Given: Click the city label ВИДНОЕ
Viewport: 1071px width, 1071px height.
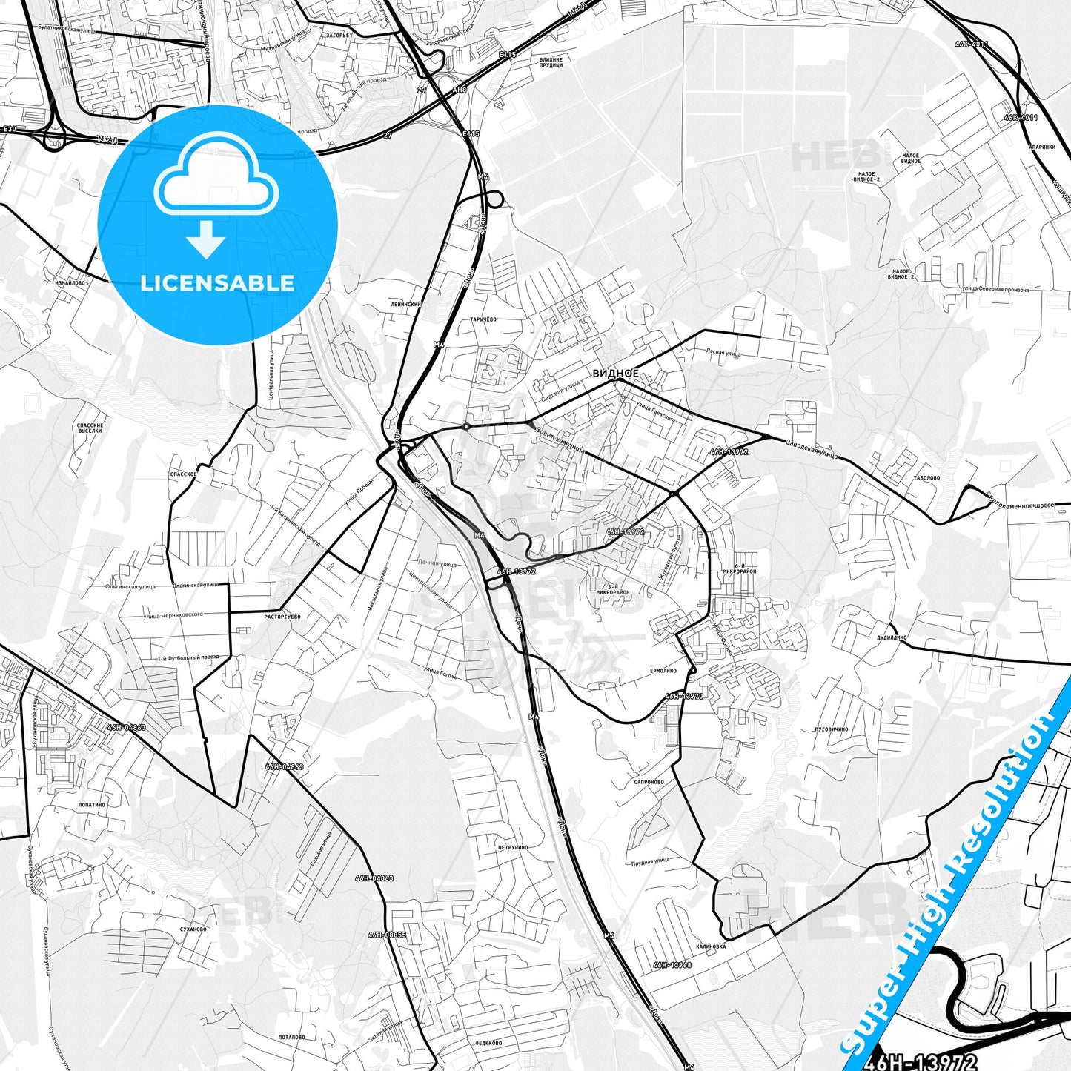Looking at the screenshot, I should click(x=615, y=374).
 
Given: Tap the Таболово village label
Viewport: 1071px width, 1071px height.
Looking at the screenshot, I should click(x=926, y=478).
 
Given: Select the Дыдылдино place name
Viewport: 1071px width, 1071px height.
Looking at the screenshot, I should click(x=892, y=637).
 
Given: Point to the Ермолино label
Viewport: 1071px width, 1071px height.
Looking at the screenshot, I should click(x=663, y=671).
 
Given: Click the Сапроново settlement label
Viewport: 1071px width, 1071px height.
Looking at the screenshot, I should click(x=649, y=782).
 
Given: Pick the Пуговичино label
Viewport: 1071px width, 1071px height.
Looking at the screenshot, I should click(x=831, y=729).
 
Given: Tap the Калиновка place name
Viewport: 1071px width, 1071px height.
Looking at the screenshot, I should click(x=711, y=946).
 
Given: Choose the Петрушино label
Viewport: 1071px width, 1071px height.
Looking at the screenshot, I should click(x=513, y=847).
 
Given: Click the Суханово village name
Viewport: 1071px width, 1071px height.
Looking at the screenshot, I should click(x=193, y=929).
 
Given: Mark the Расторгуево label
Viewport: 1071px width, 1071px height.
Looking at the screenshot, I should click(x=282, y=617).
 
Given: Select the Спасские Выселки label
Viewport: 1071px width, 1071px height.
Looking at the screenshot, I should click(x=89, y=428).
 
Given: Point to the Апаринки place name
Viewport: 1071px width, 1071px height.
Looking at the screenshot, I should click(x=1042, y=147).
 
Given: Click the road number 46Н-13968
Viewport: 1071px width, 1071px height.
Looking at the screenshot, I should click(x=672, y=965).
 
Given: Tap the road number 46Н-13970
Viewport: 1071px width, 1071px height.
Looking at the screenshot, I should click(x=683, y=696).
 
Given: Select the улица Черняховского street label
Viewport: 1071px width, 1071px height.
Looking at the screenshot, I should click(x=173, y=614).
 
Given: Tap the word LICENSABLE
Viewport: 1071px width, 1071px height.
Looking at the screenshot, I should click(x=217, y=282).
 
